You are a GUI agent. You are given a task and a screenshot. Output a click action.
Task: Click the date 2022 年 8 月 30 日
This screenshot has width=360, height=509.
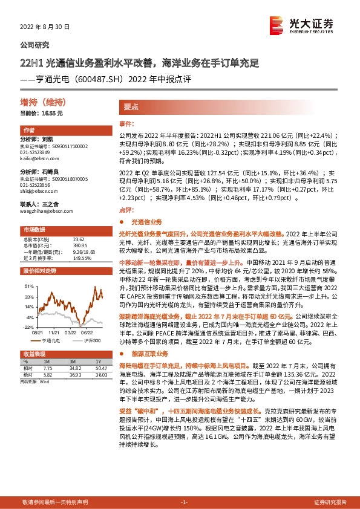point(45,27)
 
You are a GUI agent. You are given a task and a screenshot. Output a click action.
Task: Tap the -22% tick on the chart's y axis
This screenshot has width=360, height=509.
point(28,326)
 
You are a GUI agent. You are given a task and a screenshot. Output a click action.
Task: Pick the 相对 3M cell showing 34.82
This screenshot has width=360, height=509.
point(76,367)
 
